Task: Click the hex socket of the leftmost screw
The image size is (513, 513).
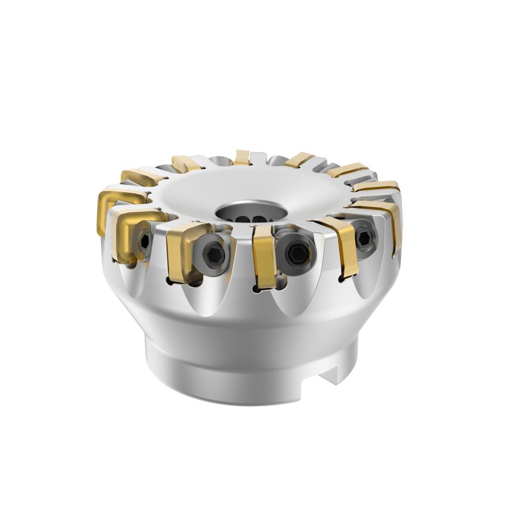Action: [144, 241]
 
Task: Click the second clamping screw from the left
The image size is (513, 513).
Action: [213, 253]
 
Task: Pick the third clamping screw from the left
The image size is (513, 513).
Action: [295, 252]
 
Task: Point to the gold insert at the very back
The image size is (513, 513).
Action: [242, 157]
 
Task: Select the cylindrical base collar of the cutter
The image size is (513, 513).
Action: [238, 373]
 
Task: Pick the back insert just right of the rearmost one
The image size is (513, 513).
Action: [299, 159]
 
